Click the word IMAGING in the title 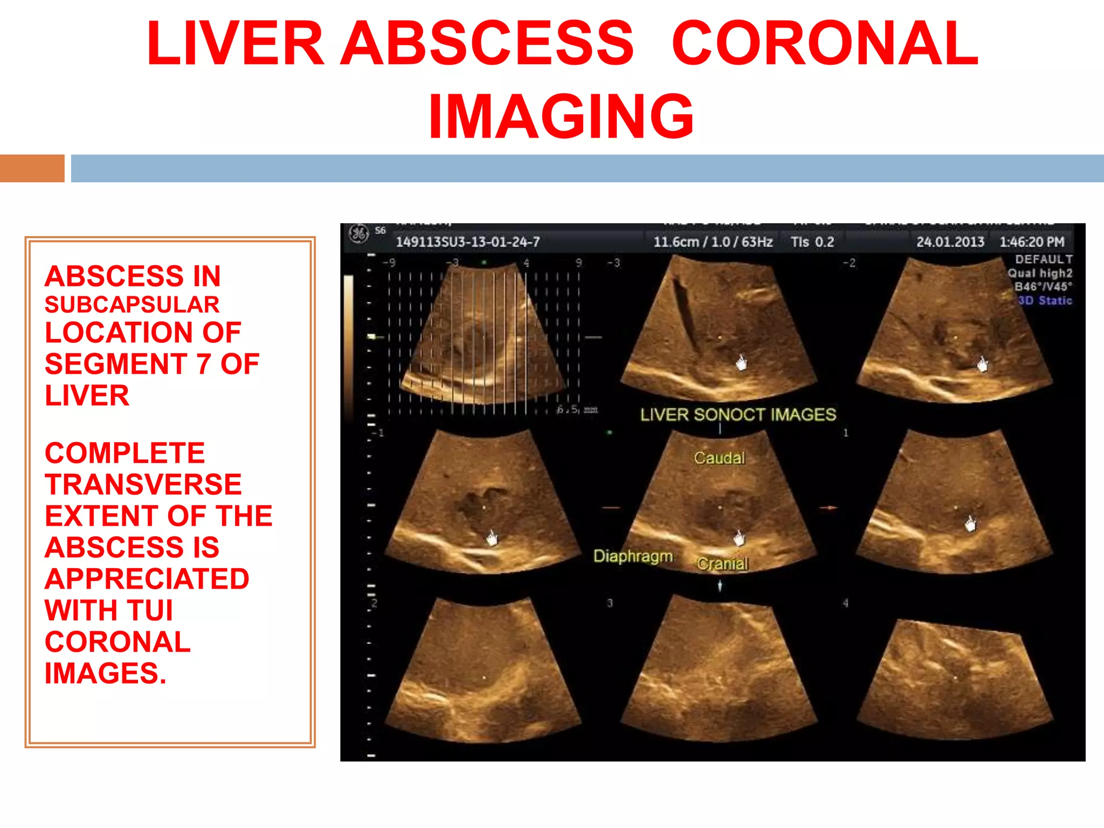[x=561, y=116]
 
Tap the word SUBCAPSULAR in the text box [x=132, y=305]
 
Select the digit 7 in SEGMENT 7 [x=204, y=364]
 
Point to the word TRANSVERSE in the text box [x=143, y=484]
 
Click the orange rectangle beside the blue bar [x=32, y=168]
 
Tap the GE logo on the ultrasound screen [x=358, y=233]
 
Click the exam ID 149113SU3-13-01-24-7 [x=467, y=242]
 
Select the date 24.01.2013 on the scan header [x=950, y=242]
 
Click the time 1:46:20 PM [x=1032, y=242]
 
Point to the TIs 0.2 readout [x=812, y=242]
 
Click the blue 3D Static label [x=1045, y=301]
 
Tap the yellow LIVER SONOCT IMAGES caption [x=738, y=415]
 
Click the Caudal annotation [x=719, y=458]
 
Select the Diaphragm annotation [x=633, y=556]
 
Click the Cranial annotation [x=722, y=564]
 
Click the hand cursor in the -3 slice [x=742, y=363]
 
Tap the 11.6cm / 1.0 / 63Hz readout [x=713, y=242]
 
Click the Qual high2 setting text [x=1040, y=273]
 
